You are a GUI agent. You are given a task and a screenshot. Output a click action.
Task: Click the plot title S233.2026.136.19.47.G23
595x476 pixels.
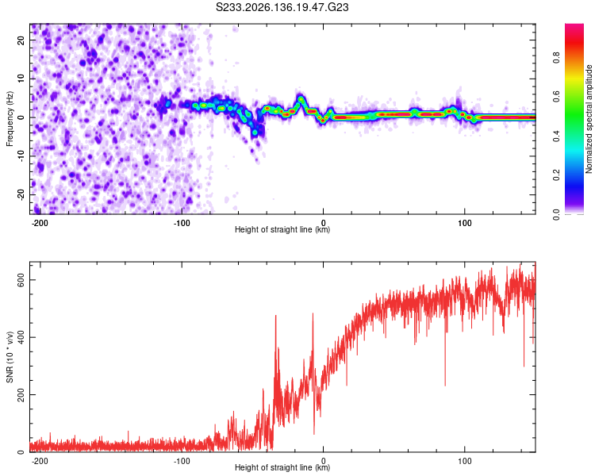point(282,7)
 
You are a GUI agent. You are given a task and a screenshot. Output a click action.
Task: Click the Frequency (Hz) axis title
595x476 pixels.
point(10,119)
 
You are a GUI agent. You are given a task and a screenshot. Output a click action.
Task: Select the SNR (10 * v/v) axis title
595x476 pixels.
point(10,357)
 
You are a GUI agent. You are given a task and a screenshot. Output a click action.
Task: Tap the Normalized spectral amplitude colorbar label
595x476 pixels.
point(589,119)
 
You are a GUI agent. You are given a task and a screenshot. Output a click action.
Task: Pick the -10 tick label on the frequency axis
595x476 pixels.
point(21,156)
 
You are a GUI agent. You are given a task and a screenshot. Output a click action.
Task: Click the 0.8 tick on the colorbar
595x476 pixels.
point(556,58)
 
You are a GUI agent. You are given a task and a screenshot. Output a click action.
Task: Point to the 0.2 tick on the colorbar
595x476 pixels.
point(556,175)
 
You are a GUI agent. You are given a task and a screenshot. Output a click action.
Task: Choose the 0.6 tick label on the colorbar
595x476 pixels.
point(556,97)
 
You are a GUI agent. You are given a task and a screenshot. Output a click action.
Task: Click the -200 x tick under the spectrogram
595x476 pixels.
point(39,223)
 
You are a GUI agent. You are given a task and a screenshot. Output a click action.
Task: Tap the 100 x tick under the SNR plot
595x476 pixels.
point(464,461)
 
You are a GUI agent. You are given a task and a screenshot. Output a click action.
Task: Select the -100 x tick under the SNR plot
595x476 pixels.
point(182,461)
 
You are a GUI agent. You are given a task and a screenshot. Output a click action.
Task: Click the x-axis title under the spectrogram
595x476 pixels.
point(282,229)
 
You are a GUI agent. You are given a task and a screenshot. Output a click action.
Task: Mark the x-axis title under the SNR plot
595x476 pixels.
point(282,467)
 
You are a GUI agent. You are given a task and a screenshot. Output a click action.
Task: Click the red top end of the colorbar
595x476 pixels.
point(574,25)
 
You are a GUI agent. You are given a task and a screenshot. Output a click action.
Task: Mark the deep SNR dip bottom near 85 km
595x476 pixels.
point(445,385)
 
